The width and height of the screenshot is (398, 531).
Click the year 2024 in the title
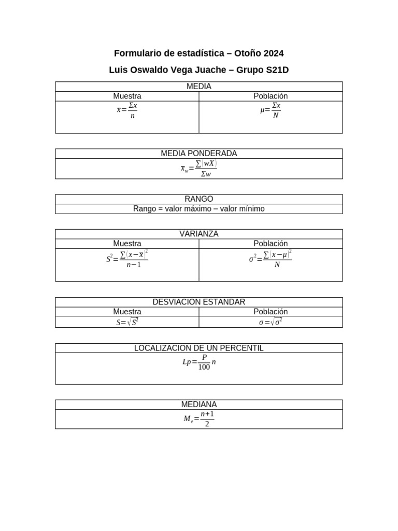(x=274, y=53)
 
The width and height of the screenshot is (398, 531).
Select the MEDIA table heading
(x=198, y=87)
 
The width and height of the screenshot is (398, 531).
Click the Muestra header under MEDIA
(x=127, y=96)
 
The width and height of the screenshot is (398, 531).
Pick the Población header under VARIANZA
(x=271, y=243)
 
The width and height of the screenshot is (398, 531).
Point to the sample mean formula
(x=127, y=110)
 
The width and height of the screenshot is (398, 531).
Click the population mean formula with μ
(x=271, y=110)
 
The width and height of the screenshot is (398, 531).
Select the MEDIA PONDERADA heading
(x=198, y=153)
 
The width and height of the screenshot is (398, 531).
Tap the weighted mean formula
(x=198, y=169)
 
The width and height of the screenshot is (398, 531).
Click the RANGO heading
(x=198, y=199)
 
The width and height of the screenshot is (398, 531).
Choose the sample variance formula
(x=127, y=259)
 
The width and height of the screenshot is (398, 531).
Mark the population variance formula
(x=271, y=259)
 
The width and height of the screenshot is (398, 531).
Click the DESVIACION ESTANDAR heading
(x=198, y=302)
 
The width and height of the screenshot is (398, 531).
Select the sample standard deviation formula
(x=127, y=322)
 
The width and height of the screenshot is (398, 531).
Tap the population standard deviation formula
(x=271, y=322)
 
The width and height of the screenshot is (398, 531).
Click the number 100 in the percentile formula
(x=204, y=367)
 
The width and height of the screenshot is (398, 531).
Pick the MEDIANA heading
(x=198, y=404)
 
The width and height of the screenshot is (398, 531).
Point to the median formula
(x=198, y=419)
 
